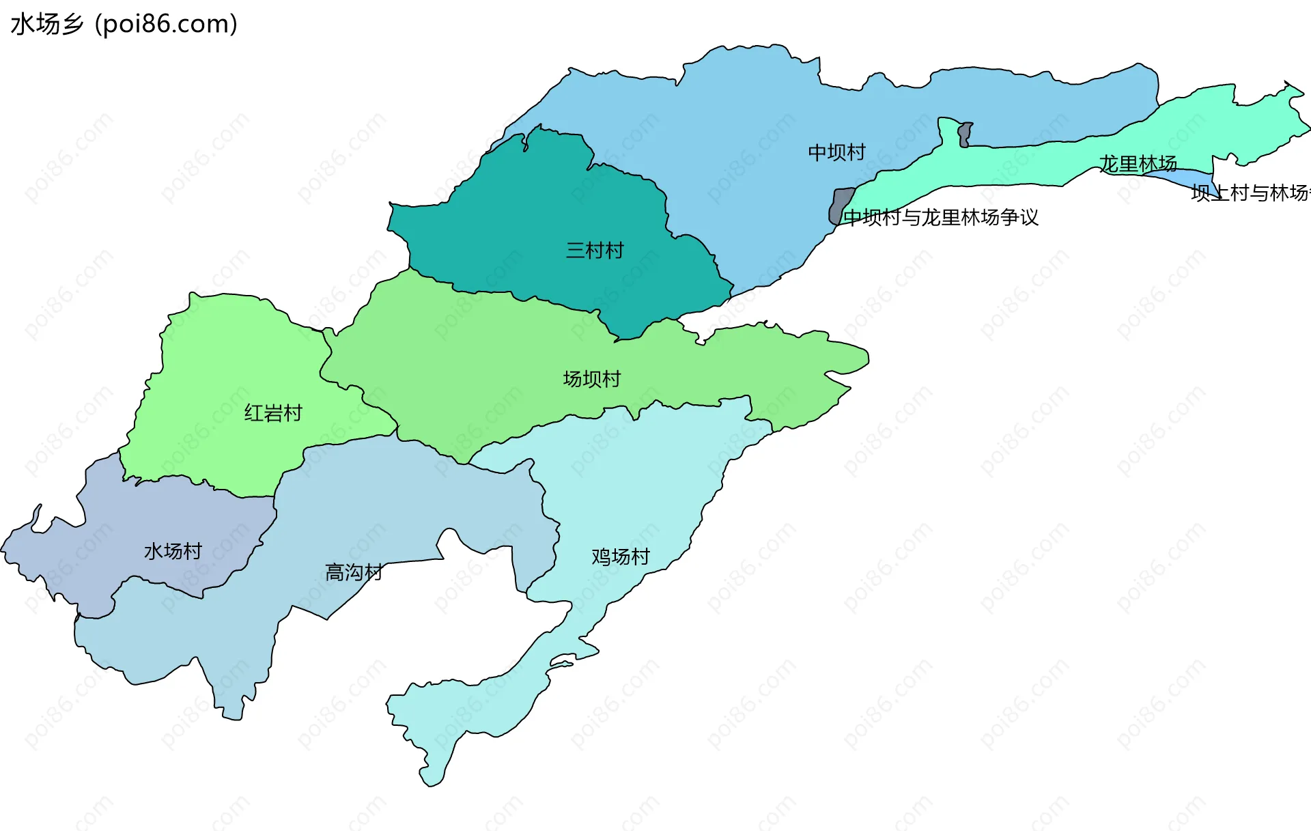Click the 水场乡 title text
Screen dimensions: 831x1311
pyautogui.click(x=46, y=24)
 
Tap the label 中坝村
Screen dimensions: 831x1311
pyautogui.click(x=836, y=152)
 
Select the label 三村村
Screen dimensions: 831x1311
pyautogui.click(x=595, y=251)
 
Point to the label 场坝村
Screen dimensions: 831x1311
pyautogui.click(x=591, y=379)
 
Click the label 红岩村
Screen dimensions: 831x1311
pyautogui.click(x=273, y=413)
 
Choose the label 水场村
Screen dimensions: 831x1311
pyautogui.click(x=173, y=551)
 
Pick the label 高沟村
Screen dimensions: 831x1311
pyautogui.click(x=353, y=572)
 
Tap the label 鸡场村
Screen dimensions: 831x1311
pyautogui.click(x=620, y=557)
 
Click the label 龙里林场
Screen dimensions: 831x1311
pyautogui.click(x=1138, y=164)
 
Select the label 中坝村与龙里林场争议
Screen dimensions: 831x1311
pyautogui.click(x=941, y=217)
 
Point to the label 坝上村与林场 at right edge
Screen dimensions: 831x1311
pyautogui.click(x=1250, y=193)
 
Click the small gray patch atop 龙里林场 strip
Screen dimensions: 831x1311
pyautogui.click(x=964, y=135)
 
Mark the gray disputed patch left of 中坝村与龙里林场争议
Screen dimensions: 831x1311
pyautogui.click(x=840, y=206)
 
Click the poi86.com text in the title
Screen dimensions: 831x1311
pyautogui.click(x=166, y=24)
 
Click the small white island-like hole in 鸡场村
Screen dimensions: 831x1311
pyautogui.click(x=562, y=662)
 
